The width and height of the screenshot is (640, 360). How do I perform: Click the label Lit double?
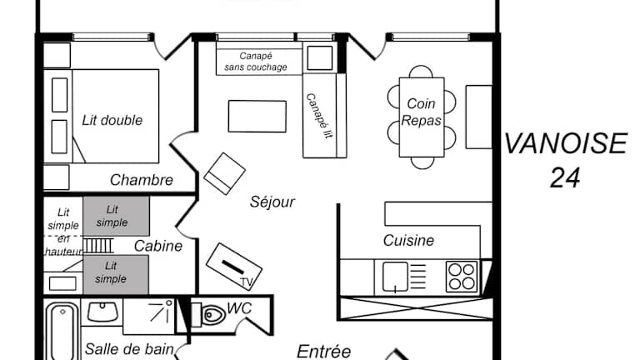click(112, 120)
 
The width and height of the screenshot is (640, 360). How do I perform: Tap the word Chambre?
click(142, 180)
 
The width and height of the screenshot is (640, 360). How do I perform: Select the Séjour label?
click(272, 202)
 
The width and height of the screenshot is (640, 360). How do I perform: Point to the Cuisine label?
click(408, 241)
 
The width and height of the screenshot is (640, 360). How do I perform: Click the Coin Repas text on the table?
click(422, 112)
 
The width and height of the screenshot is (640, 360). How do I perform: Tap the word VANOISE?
click(565, 144)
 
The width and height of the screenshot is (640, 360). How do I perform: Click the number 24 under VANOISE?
click(565, 177)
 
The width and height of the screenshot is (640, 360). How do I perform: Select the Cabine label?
click(158, 246)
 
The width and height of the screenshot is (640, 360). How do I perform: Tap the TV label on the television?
click(246, 282)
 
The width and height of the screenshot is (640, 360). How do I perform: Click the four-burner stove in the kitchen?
click(461, 276)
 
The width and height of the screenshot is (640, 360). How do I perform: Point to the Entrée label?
click(324, 352)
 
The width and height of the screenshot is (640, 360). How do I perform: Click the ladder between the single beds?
click(97, 246)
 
